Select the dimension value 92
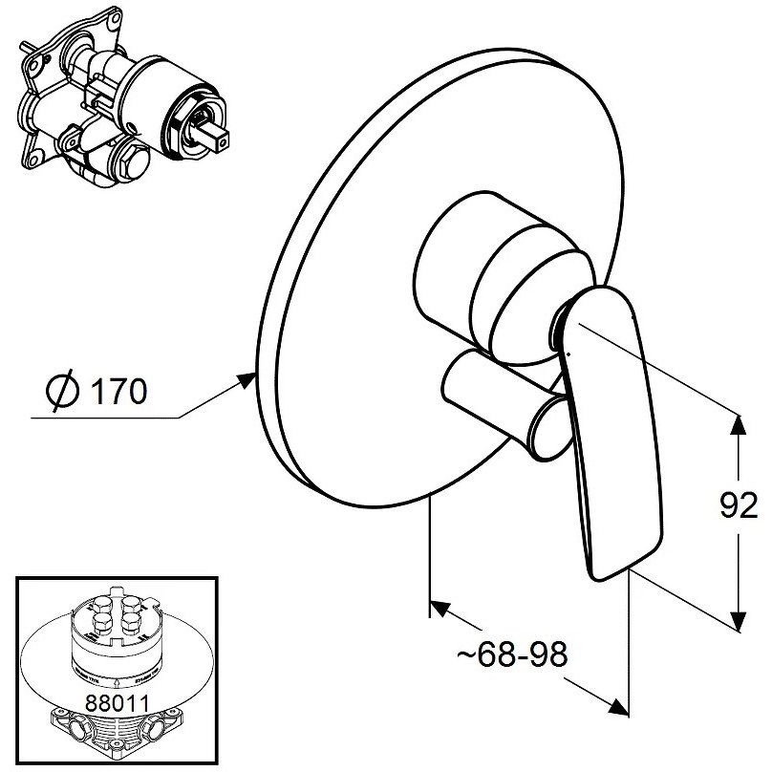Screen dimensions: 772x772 click(x=739, y=505)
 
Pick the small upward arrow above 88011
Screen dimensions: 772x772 click(x=116, y=682)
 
